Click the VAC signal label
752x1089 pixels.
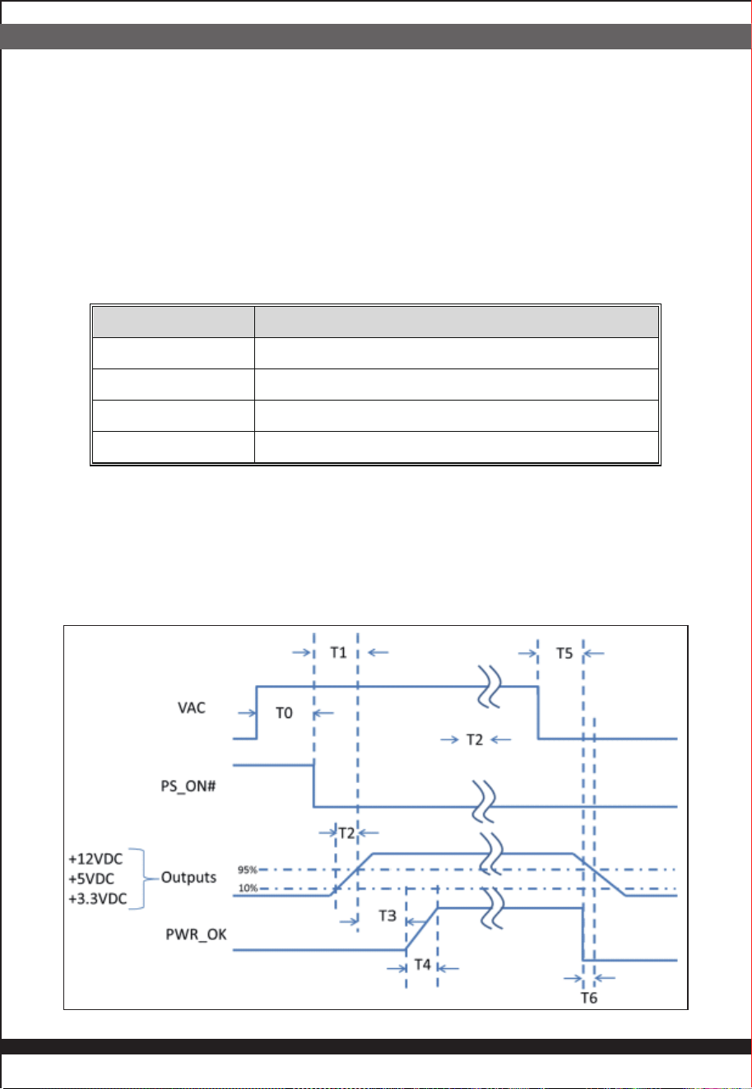[x=191, y=708]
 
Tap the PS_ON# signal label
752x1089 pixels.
[x=188, y=786]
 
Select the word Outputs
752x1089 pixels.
[x=188, y=878]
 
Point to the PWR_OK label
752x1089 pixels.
[x=196, y=934]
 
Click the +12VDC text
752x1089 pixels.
[x=95, y=859]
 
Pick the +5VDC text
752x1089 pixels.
[x=91, y=879]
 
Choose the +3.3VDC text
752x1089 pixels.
[x=98, y=899]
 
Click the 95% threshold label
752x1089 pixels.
[x=247, y=869]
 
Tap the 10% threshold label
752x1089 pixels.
[x=248, y=888]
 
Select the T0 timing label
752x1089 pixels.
[x=284, y=713]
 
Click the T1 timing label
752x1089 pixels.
[x=338, y=652]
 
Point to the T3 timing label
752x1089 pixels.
[x=388, y=916]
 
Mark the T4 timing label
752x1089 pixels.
[x=423, y=965]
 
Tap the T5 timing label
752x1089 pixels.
[x=564, y=653]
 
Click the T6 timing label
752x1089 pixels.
[x=589, y=998]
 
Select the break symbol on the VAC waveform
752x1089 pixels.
[x=490, y=687]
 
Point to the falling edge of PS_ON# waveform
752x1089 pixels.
[x=313, y=785]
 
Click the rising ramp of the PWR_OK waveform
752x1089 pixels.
[x=422, y=929]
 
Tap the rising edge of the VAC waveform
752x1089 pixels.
[x=257, y=713]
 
